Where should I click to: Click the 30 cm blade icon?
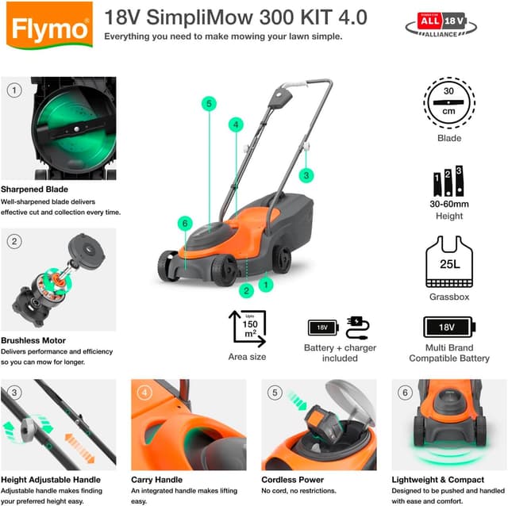[448, 102]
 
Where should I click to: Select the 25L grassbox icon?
[448, 263]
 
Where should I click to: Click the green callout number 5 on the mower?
[208, 104]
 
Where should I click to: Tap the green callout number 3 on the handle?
[307, 175]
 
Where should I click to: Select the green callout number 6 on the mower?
[184, 224]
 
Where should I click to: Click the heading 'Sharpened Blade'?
[34, 190]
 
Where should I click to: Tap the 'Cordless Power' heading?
[292, 480]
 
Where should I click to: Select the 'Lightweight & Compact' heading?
[437, 480]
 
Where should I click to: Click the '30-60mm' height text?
[448, 204]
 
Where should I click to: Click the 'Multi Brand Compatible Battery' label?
[449, 353]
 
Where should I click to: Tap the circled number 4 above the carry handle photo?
[144, 392]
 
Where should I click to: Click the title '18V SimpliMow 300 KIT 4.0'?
[236, 17]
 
